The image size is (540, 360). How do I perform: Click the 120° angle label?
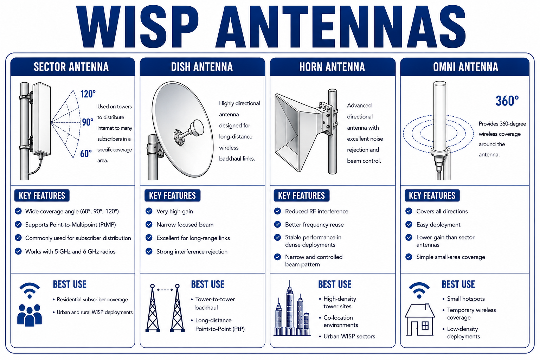tap(88, 94)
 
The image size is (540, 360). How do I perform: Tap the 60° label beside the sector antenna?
tap(86, 153)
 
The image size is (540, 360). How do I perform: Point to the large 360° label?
tap(507, 101)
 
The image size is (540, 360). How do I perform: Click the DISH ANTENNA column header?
tap(202, 67)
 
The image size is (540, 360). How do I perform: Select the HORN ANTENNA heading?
tap(332, 67)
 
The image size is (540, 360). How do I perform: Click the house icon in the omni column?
tap(420, 319)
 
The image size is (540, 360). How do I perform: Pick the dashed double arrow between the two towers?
tap(165, 290)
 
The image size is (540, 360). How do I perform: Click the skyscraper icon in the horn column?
tap(292, 308)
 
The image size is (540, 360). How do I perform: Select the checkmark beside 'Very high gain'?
tap(149, 211)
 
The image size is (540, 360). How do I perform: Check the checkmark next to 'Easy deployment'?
tap(409, 225)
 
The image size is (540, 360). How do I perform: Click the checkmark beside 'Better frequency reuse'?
tap(278, 225)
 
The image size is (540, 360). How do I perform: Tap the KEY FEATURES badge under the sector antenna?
tap(42, 195)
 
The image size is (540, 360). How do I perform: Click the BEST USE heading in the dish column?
tap(207, 284)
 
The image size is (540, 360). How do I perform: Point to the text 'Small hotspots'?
tap(466, 299)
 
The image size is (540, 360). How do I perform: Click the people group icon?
tap(30, 315)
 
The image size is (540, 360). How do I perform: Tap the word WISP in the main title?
tap(138, 26)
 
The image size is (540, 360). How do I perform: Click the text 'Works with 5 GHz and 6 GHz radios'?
tap(70, 251)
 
